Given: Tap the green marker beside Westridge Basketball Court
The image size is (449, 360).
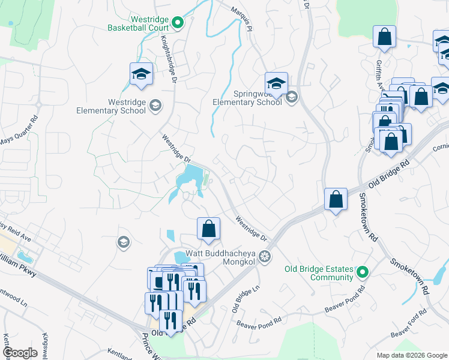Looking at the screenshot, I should (178, 23).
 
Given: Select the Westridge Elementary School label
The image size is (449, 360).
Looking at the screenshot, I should (111, 106).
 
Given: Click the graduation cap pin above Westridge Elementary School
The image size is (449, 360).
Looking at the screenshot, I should (141, 74).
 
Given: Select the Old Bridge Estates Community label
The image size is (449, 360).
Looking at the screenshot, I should (319, 273).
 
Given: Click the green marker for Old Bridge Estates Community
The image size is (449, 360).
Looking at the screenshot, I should (362, 273).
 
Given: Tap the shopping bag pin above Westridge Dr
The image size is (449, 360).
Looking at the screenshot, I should (208, 229).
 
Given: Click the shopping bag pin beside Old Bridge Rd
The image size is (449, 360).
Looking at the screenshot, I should (336, 199).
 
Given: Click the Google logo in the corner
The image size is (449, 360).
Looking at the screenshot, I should (20, 353).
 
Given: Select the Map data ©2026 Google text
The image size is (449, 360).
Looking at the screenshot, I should (411, 355).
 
